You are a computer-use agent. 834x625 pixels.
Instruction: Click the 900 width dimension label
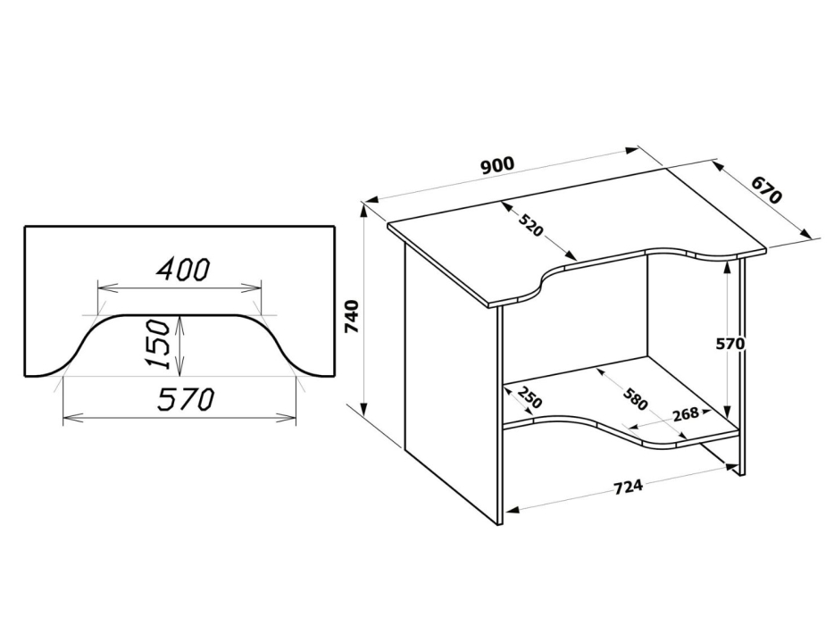coord(497,165)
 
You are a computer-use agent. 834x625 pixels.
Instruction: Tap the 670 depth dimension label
coord(766,190)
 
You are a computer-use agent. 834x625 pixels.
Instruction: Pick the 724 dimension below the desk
coord(630,488)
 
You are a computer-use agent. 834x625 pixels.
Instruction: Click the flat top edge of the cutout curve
coord(179,313)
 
